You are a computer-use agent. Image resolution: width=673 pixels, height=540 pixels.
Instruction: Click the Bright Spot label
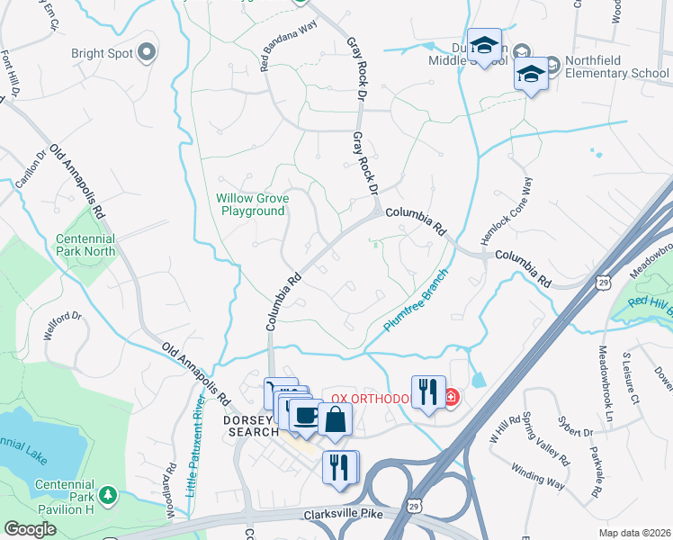point(102,52)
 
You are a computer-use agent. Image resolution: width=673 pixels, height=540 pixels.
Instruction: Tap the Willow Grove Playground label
point(250,204)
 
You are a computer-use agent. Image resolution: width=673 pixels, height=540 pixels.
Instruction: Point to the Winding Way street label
point(538,475)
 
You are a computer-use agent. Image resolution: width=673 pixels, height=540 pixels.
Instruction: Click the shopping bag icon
point(335,418)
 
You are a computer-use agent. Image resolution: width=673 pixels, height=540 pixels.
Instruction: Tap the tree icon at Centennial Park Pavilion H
point(108,494)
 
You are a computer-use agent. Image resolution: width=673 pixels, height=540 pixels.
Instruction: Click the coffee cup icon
point(306,415)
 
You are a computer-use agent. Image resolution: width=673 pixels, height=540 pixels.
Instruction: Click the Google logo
point(30,529)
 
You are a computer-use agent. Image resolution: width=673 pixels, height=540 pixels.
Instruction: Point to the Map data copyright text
point(635,533)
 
